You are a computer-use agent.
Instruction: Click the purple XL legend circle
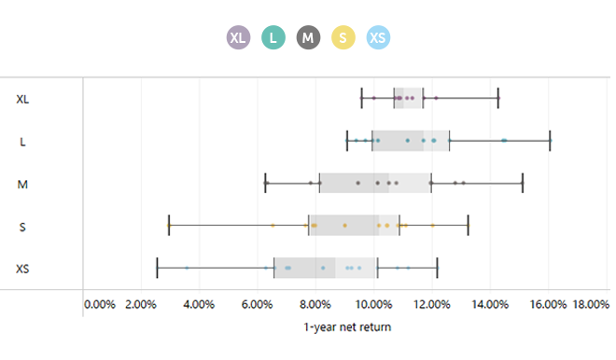(239, 37)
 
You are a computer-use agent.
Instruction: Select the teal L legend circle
(273, 37)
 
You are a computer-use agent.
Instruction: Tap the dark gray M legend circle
(309, 37)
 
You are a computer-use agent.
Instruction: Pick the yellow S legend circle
(343, 37)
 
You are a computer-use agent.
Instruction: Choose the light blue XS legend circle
(378, 37)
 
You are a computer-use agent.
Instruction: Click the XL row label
(22, 99)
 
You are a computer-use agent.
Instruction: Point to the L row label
(22, 142)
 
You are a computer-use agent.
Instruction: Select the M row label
(22, 184)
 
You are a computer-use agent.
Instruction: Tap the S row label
(22, 227)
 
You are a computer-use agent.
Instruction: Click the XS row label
(22, 270)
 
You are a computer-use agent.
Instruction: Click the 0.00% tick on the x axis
(100, 304)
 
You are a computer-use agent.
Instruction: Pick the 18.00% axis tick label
(592, 304)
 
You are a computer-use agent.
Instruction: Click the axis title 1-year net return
(347, 327)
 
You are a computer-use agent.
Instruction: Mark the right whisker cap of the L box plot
(550, 140)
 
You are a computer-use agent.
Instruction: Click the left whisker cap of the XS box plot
(157, 268)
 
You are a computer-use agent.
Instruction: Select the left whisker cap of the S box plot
(168, 225)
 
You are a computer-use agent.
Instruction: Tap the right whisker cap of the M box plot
(522, 183)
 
